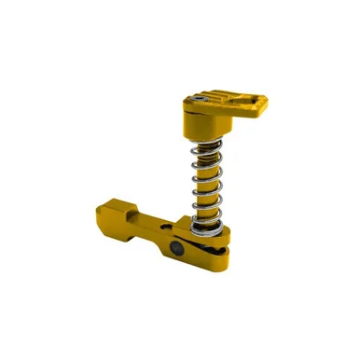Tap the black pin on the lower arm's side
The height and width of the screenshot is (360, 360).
177,248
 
